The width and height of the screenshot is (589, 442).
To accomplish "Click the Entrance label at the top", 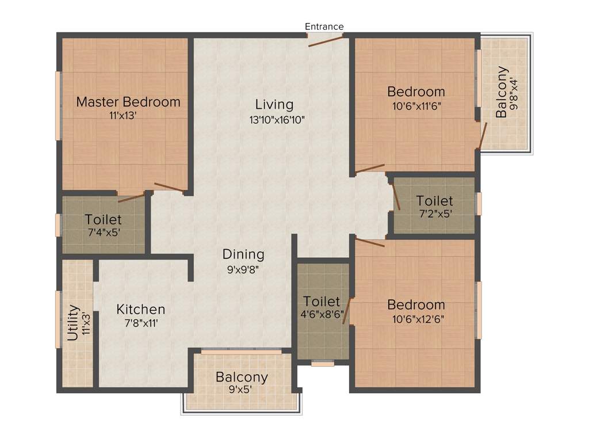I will (324, 26).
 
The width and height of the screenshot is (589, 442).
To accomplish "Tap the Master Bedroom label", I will (128, 102).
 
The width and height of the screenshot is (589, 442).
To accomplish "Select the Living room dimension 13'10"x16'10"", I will (274, 120).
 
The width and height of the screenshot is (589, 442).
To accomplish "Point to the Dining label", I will (243, 254).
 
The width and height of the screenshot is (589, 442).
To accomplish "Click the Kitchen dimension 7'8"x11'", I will (140, 323).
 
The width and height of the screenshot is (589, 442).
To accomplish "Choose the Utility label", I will (73, 323).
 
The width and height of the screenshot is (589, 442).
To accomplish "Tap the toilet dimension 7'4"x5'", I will (103, 233).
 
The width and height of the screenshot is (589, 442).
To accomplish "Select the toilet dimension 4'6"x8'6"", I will (322, 315).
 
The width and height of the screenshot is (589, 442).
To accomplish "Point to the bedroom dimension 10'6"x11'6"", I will (416, 105).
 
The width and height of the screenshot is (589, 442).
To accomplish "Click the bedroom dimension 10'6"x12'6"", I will (416, 318).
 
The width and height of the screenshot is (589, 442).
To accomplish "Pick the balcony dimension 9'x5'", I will (242, 390).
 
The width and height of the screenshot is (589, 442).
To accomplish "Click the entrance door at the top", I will (326, 40).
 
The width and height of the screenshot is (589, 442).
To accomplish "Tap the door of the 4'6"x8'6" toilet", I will (347, 311).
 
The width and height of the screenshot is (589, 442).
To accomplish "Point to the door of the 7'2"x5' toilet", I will (396, 196).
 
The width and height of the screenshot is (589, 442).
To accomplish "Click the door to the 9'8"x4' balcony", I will (484, 135).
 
